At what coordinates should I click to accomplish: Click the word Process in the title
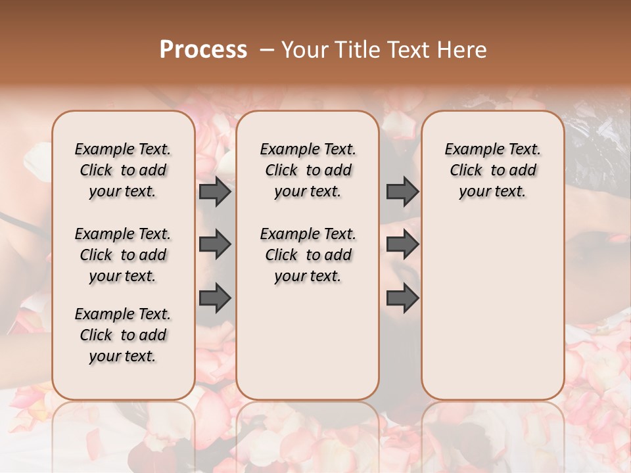203,50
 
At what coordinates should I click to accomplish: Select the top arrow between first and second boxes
215,191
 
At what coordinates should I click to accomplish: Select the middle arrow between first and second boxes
215,245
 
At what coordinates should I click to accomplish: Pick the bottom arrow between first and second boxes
215,298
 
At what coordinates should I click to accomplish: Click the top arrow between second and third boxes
402,191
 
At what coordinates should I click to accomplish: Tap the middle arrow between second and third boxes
402,245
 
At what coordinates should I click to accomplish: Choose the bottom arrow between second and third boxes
402,298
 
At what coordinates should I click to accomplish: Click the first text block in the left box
123,170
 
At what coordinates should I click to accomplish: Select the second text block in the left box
123,255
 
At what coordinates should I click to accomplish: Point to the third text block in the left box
123,335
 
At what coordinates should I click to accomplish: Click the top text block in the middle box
308,170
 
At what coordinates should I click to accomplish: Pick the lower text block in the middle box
308,255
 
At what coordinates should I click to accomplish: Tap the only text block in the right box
493,170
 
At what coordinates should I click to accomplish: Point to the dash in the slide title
267,50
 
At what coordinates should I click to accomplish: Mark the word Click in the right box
466,171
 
